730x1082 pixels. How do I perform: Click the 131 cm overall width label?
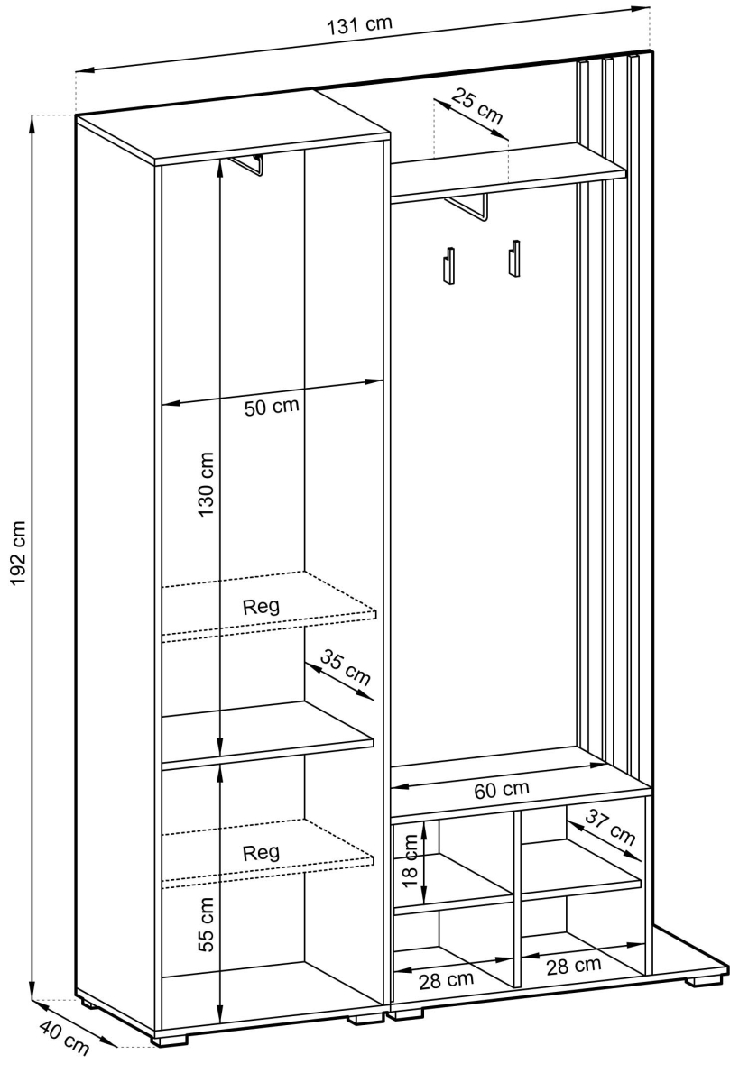[360, 26]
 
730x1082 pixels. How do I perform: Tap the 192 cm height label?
[18, 554]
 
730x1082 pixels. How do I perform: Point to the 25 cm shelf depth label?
[477, 106]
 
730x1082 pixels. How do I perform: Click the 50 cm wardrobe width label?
[272, 407]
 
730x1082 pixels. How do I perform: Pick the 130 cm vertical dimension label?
[206, 484]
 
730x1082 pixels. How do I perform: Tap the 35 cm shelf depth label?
[346, 667]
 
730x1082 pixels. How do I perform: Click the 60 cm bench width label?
[502, 790]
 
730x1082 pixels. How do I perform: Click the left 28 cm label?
[447, 980]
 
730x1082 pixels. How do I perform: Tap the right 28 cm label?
[574, 965]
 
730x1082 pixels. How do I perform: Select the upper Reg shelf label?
[261, 606]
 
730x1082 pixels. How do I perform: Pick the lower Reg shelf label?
[261, 853]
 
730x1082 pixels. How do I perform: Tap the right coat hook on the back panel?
[514, 259]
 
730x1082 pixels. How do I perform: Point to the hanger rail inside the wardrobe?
[247, 165]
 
